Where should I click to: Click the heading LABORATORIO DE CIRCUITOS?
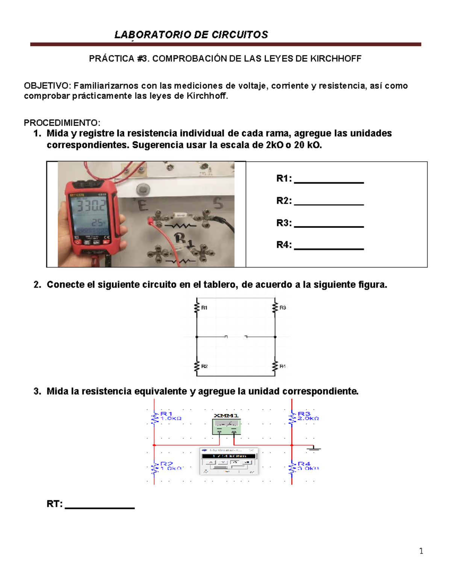[191, 35]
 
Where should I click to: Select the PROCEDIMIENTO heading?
[62, 123]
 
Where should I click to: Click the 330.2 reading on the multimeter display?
[91, 206]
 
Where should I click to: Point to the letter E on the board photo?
[143, 205]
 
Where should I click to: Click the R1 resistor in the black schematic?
[197, 308]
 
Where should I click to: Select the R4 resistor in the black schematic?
[275, 366]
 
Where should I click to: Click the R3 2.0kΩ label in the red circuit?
[308, 416]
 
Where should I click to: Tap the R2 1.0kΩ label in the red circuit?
[170, 466]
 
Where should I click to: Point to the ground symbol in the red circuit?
[313, 448]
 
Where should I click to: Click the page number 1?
[421, 551]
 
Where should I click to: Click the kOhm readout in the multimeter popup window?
[229, 456]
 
